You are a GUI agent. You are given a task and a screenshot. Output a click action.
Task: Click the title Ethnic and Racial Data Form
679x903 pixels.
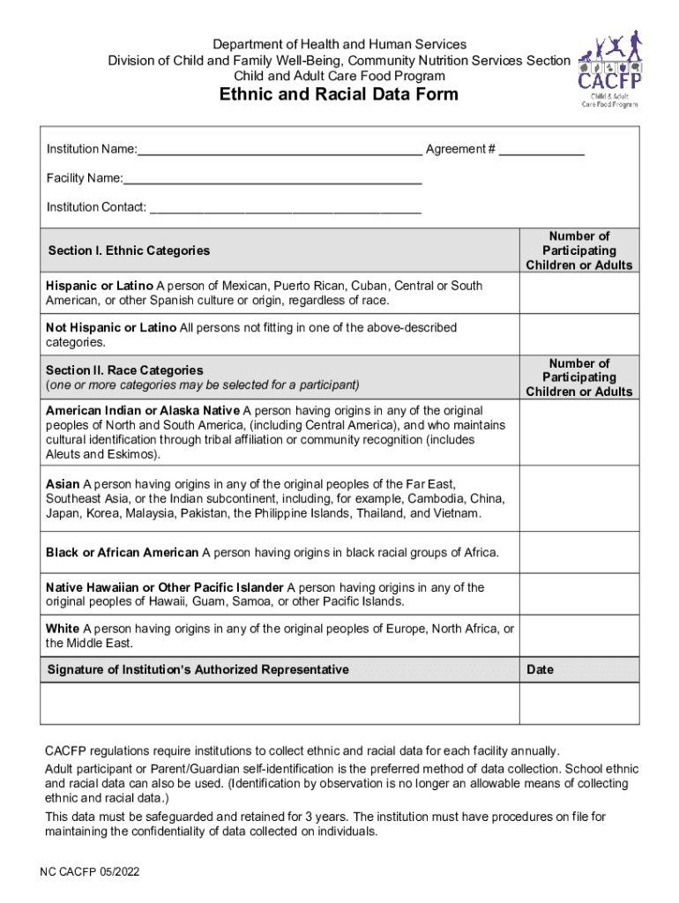coord(339,94)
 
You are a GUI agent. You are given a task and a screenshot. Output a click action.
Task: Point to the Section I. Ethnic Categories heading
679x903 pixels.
coord(129,250)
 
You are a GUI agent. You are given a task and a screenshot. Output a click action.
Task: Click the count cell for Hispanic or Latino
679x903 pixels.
coord(578,294)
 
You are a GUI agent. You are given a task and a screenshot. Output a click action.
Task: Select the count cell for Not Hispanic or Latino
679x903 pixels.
coord(578,335)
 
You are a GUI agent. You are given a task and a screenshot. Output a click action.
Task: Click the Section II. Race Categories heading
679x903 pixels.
coord(124,370)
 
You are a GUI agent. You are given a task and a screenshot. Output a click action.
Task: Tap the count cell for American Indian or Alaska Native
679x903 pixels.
coord(578,432)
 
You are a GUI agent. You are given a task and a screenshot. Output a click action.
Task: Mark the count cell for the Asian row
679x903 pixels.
coord(578,498)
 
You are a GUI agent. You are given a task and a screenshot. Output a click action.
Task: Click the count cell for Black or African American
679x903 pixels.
coord(578,552)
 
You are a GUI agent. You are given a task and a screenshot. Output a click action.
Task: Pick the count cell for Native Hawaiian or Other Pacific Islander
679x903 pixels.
coord(578,594)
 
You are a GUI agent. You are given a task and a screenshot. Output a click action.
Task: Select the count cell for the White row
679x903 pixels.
coord(578,636)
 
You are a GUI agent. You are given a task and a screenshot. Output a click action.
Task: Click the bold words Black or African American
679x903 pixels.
coord(122,553)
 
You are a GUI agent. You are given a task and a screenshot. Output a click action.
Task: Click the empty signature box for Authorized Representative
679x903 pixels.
coord(281,703)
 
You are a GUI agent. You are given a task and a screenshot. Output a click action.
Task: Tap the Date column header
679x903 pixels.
coord(540,669)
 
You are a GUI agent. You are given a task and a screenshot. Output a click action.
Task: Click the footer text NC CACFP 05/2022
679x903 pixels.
coord(89,872)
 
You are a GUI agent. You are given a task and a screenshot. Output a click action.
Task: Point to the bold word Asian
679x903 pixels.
coord(63,484)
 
